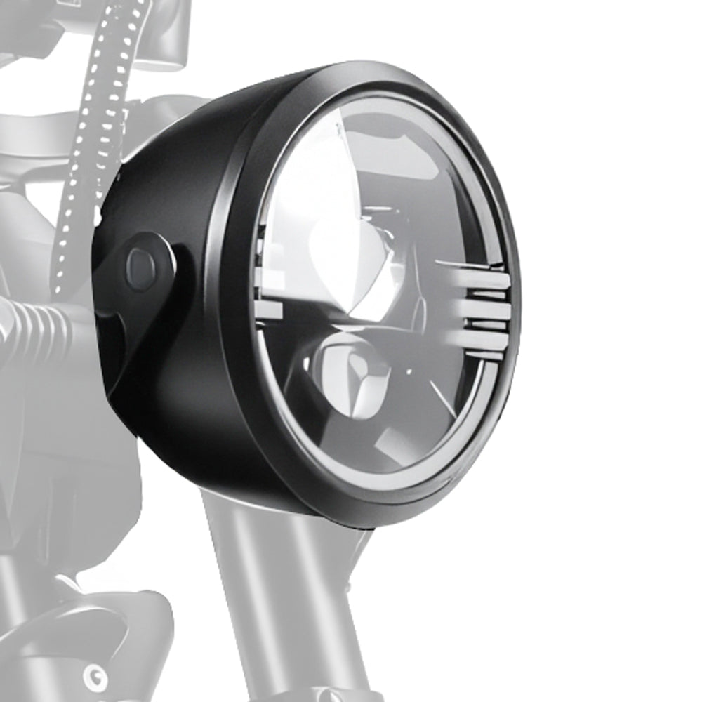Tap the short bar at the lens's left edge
pos(271,309)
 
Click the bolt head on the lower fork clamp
pos(95,677)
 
